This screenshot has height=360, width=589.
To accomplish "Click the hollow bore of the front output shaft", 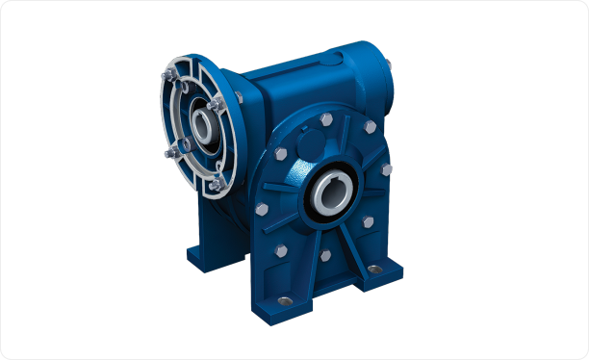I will tap(332, 193).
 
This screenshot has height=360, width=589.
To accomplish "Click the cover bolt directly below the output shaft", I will tap(325, 256).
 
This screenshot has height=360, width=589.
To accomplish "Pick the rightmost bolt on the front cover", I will tap(386, 169).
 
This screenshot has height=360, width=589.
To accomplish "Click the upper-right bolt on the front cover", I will tap(369, 128).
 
